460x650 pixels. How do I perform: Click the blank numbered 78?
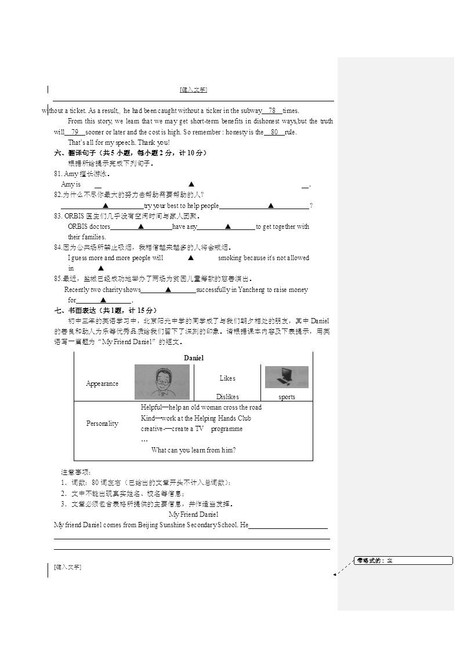click(272, 111)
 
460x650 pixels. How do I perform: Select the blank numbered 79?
click(74, 132)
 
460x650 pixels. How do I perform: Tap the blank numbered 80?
click(274, 132)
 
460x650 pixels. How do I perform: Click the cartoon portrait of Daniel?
click(161, 382)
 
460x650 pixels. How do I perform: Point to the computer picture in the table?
click(287, 377)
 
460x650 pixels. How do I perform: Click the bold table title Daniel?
click(194, 358)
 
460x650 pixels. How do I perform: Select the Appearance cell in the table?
click(102, 384)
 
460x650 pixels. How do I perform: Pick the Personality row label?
click(102, 423)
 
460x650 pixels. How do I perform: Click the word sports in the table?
click(287, 397)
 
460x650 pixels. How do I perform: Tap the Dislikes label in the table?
click(227, 397)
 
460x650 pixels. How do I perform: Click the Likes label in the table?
click(227, 378)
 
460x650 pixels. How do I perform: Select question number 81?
click(57, 174)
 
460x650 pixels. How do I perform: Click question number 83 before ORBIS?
click(57, 216)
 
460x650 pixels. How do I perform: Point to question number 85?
click(57, 279)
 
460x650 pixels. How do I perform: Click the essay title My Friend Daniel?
click(193, 514)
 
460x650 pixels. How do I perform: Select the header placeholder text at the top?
click(193, 90)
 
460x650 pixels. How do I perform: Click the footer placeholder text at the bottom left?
click(67, 567)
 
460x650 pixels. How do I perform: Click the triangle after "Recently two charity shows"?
click(168, 290)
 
